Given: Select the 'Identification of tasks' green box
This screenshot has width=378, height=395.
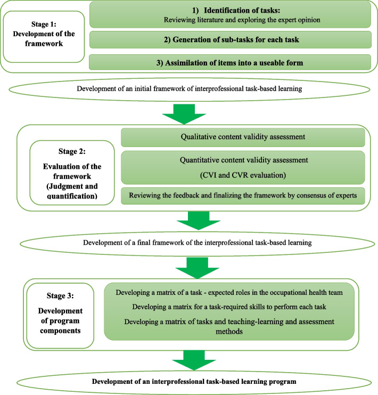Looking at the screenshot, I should click(230, 15).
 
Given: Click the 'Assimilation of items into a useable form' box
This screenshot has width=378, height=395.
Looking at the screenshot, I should click(230, 62).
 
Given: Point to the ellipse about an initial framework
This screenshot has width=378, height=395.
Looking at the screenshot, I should click(189, 88).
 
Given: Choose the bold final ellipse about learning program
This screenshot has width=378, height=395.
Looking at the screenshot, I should click(189, 382).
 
